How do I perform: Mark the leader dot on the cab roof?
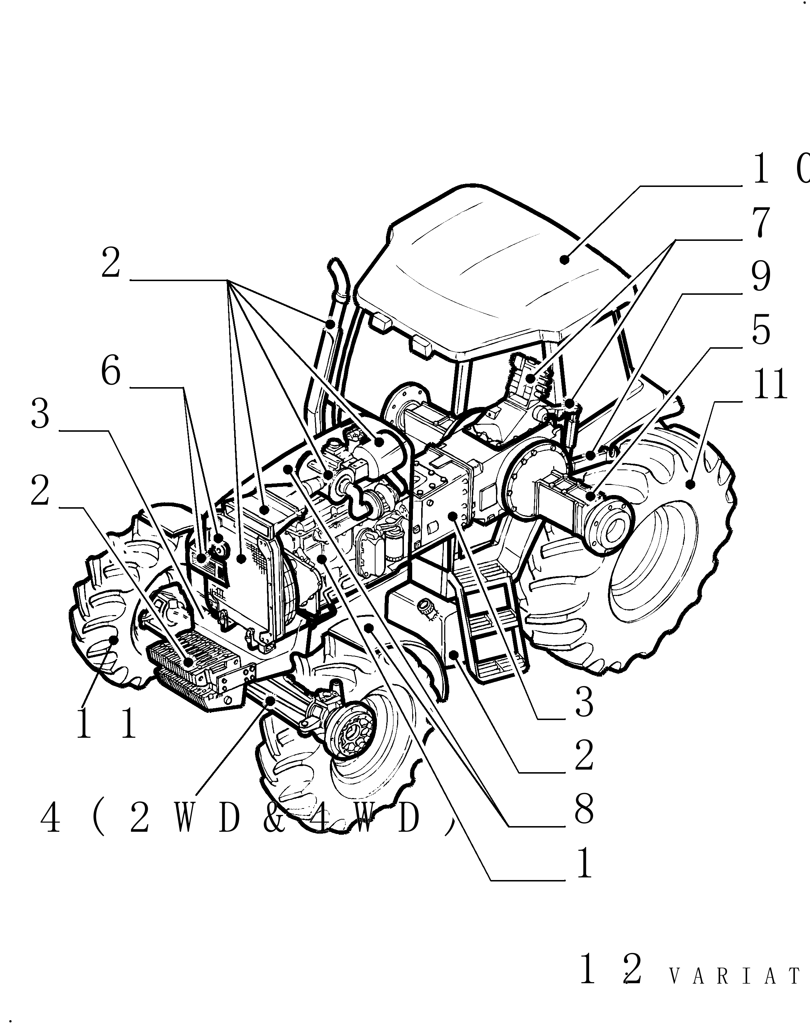[x=564, y=259]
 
